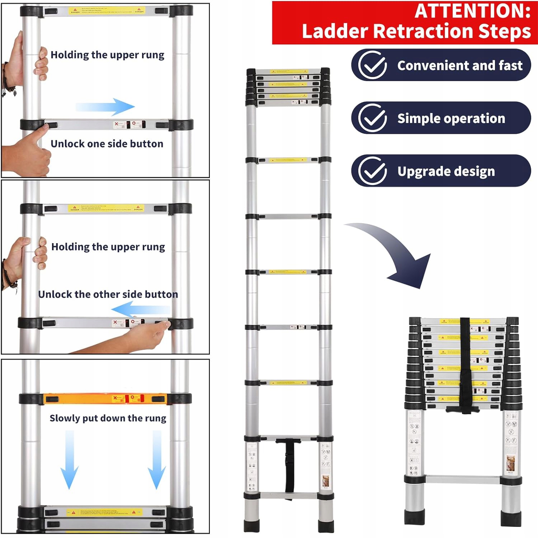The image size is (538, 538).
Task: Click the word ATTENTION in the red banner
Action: (x=472, y=11)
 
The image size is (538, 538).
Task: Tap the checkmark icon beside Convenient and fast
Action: (x=373, y=65)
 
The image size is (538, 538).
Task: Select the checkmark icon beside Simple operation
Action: (x=373, y=118)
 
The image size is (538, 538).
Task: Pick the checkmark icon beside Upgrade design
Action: (x=373, y=171)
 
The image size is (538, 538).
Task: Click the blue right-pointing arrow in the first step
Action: (x=106, y=107)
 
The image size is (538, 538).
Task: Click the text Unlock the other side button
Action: (x=108, y=294)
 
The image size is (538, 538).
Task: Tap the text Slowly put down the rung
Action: (x=108, y=418)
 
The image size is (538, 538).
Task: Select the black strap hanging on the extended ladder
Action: (x=289, y=466)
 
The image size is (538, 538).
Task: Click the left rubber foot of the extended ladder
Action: (x=249, y=525)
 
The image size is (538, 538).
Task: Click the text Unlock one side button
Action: (x=107, y=144)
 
